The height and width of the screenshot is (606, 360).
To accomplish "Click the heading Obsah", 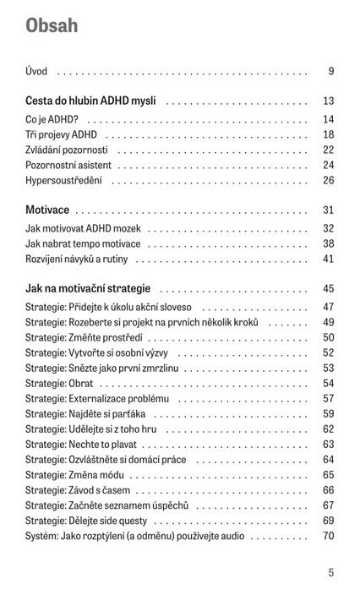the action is (x=52, y=25).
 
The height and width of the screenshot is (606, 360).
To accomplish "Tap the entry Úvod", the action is (x=36, y=71).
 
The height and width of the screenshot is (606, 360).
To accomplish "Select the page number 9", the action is (x=331, y=71).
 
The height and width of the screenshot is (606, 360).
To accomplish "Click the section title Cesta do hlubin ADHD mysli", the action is (x=90, y=101).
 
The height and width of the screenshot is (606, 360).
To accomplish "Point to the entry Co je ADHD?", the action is (x=52, y=119).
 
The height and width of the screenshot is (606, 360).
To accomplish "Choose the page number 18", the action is (x=329, y=134).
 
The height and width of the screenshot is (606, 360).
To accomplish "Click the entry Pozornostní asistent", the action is (x=68, y=165).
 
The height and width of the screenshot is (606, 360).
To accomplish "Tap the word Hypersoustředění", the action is (x=63, y=181).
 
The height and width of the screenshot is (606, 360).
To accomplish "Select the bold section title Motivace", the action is (x=47, y=210).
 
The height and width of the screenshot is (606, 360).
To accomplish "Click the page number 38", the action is (x=329, y=243).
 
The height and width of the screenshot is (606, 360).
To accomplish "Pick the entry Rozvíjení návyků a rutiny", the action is (x=77, y=259).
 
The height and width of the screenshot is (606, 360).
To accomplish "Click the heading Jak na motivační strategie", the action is (x=88, y=288).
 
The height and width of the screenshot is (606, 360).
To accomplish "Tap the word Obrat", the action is (x=81, y=384).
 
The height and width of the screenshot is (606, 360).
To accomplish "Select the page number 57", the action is (x=329, y=398).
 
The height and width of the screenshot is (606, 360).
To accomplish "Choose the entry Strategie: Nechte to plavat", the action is (x=81, y=445).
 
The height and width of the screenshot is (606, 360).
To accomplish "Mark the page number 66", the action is (x=329, y=490).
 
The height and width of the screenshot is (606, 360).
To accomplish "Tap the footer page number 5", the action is (x=331, y=572).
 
